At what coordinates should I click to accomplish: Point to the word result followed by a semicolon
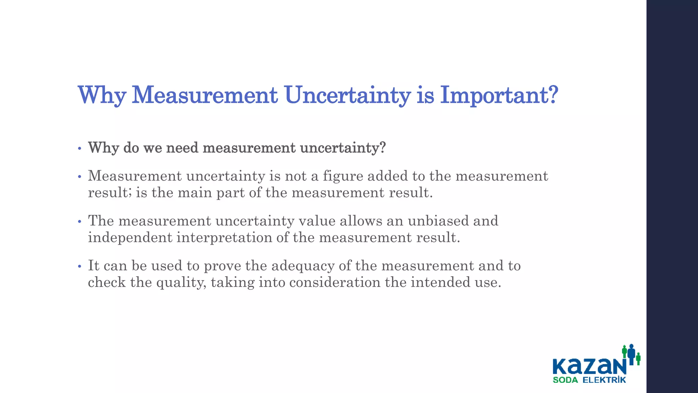[x=109, y=193]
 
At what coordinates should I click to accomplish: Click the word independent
[x=130, y=237]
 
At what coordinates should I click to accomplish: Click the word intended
[x=435, y=282]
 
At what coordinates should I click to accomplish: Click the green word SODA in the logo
[x=565, y=380]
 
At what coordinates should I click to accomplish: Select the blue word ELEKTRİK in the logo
[x=604, y=380]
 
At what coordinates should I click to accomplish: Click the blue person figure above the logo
[x=631, y=353]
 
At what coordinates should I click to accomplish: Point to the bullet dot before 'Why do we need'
[x=79, y=149]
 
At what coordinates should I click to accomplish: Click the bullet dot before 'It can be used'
[x=79, y=266]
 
